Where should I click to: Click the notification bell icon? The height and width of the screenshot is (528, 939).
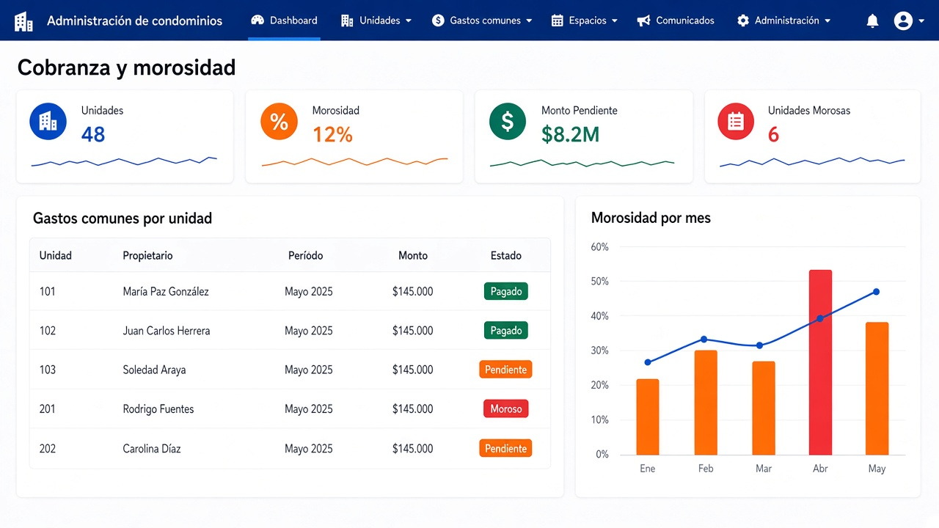pos(872,21)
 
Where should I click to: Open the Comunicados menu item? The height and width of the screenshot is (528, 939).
pos(676,21)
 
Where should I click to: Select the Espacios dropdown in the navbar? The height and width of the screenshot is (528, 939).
pos(585,21)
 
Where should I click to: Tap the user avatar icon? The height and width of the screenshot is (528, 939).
pos(903,21)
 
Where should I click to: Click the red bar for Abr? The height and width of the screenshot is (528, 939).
pos(820,362)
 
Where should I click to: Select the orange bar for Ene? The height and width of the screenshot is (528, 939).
pos(648,417)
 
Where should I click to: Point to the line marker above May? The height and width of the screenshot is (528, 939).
pos(876,292)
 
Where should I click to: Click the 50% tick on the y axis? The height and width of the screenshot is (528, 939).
pos(599,281)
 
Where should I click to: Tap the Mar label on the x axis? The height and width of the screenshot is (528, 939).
pos(764,469)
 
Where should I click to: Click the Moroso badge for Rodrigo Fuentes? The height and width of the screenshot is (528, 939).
pos(506,408)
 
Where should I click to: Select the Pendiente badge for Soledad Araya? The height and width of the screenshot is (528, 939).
pos(505,370)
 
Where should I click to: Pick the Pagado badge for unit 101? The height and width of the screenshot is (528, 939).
pos(506,291)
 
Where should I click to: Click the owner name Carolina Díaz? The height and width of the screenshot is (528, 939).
pos(152,448)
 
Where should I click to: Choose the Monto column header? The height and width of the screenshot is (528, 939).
pos(413,256)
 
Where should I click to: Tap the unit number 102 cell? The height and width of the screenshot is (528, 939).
pos(48,331)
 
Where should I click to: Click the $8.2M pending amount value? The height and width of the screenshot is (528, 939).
pos(571,134)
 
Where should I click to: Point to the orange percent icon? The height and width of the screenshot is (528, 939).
pos(279,122)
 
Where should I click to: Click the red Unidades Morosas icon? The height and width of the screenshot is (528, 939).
pos(736,122)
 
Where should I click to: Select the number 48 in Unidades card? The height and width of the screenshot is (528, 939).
pos(93,134)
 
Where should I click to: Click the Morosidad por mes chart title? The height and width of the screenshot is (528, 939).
pos(651,218)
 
